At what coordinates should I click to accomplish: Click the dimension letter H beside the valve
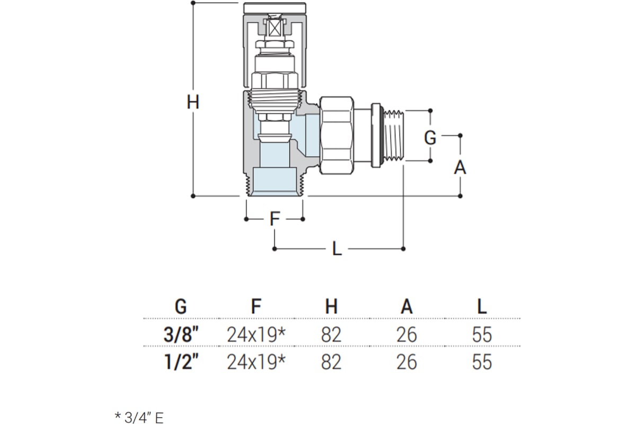click(x=193, y=102)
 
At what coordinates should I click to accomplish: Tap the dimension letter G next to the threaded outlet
click(x=430, y=138)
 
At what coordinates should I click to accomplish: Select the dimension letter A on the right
click(x=460, y=167)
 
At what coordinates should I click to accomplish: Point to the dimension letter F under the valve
click(x=275, y=219)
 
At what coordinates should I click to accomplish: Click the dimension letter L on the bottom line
click(x=337, y=249)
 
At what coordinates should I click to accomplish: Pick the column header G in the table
click(x=181, y=307)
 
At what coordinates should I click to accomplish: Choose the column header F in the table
click(x=256, y=307)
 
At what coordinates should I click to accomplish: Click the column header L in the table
click(x=482, y=307)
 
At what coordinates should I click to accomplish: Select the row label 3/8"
click(x=181, y=335)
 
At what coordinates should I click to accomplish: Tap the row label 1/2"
click(x=181, y=362)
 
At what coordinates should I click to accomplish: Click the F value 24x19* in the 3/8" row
click(x=256, y=335)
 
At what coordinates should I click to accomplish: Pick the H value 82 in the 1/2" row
click(x=331, y=362)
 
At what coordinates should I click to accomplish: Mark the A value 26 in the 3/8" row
click(x=407, y=335)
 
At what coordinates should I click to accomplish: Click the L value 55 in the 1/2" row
click(x=482, y=362)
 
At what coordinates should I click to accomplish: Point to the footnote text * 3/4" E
click(x=139, y=418)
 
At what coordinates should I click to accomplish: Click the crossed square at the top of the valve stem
click(x=275, y=28)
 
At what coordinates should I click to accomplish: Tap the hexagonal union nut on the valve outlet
click(x=337, y=135)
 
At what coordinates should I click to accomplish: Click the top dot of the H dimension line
click(x=193, y=3)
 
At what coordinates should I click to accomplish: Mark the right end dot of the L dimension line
click(x=403, y=249)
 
